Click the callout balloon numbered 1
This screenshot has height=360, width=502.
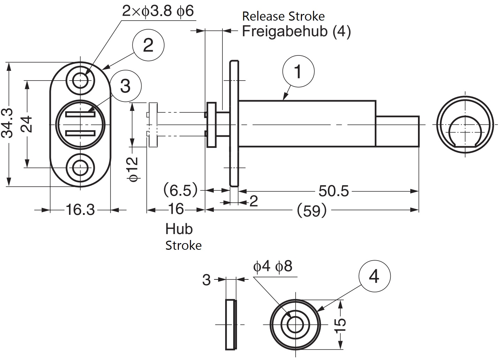(x=298, y=72)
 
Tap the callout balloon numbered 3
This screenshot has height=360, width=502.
(x=125, y=85)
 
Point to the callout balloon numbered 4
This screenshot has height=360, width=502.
(x=374, y=277)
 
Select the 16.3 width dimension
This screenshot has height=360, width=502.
(x=80, y=210)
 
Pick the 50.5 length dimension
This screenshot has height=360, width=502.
(x=333, y=191)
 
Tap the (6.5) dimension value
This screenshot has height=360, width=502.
(x=181, y=190)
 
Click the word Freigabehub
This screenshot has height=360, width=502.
(x=284, y=31)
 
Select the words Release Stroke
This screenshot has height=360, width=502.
(x=283, y=16)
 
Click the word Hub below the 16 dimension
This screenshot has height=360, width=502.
(x=179, y=229)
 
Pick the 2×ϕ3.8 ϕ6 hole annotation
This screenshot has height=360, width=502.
(x=158, y=11)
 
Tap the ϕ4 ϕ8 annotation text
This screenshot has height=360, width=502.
(x=273, y=267)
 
